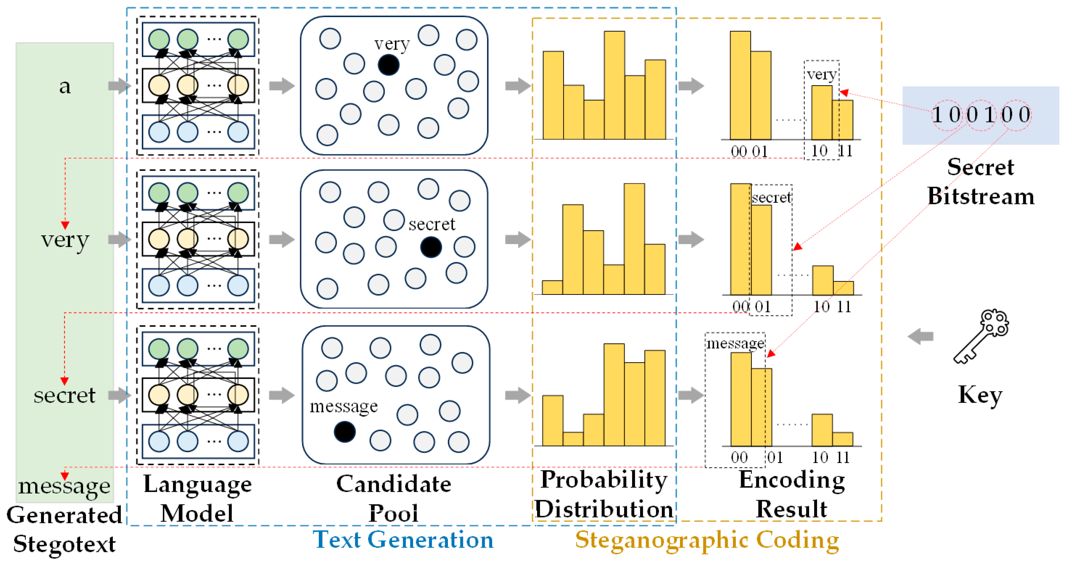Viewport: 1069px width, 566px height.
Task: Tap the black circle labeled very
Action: [x=388, y=65]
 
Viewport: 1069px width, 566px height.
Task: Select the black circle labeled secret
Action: [x=431, y=247]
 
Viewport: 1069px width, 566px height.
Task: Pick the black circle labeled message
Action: [x=344, y=432]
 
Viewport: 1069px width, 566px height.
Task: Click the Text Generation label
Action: [x=403, y=540]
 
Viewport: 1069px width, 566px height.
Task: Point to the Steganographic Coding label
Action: [x=707, y=540]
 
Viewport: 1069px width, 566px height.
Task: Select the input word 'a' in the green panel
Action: [x=65, y=87]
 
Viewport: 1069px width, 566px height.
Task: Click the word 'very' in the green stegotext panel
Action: [x=65, y=240]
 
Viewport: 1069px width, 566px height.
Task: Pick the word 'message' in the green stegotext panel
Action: [x=64, y=486]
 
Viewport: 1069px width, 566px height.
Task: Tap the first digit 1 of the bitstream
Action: [x=936, y=114]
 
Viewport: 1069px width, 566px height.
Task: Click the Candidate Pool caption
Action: [x=393, y=498]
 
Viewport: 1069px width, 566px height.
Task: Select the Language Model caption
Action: [x=197, y=498]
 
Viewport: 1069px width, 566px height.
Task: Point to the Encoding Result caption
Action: [x=791, y=494]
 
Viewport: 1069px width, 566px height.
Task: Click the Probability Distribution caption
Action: [x=604, y=494]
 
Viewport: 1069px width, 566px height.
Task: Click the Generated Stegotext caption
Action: [x=64, y=529]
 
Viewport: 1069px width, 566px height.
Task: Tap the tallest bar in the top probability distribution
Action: [x=614, y=85]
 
